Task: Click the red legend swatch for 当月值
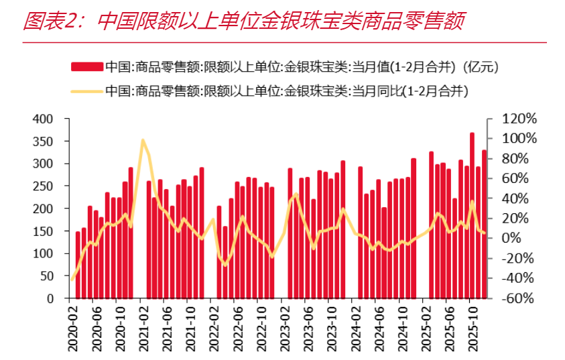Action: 87,66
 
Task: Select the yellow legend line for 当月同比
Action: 87,91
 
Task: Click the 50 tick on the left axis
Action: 46,276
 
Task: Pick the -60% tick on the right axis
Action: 515,298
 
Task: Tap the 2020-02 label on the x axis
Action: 73,328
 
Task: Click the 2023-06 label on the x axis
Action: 308,328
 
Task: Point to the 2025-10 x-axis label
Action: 472,328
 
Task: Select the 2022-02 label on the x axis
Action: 214,328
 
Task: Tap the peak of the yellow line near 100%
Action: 143,140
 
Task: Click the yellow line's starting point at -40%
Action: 72,279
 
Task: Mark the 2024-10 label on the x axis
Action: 401,328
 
